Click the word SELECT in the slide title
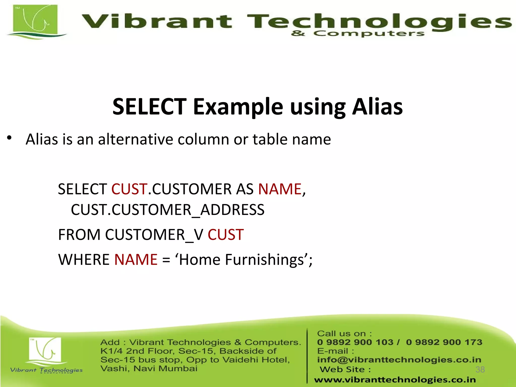coord(149,107)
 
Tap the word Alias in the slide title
coord(377,107)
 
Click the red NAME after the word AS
coord(280,189)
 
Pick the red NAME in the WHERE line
coord(136,260)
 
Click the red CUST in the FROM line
coord(225,235)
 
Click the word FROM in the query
coord(79,235)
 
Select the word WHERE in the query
coord(84,260)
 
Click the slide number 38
coord(480,369)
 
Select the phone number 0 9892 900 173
coord(444,342)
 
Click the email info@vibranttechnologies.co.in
coord(399,360)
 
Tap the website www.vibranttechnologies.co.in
coord(395,380)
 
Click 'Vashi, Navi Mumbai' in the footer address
coord(149,369)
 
